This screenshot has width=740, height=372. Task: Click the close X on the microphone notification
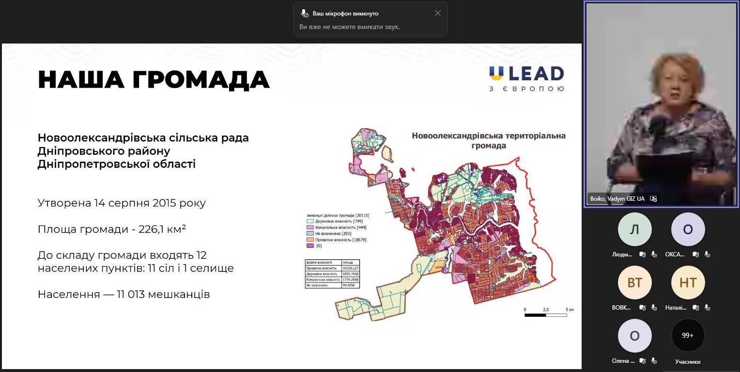pos(438,14)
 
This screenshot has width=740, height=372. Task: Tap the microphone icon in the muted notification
pos(304,14)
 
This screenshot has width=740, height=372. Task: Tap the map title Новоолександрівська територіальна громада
pos(488,140)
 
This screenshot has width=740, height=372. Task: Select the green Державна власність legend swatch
pos(310,221)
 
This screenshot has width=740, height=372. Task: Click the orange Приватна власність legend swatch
pos(310,239)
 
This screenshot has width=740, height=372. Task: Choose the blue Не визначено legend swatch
pos(310,233)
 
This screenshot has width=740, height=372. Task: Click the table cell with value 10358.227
pos(350,268)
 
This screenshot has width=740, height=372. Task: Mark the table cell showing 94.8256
pos(349,285)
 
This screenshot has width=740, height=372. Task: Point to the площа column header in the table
pos(348,262)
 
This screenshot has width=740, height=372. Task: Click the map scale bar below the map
pos(545,315)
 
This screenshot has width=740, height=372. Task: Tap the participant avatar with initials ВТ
pos(634,283)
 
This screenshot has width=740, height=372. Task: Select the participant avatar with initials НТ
pos(688,283)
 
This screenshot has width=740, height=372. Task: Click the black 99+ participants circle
pos(688,335)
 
